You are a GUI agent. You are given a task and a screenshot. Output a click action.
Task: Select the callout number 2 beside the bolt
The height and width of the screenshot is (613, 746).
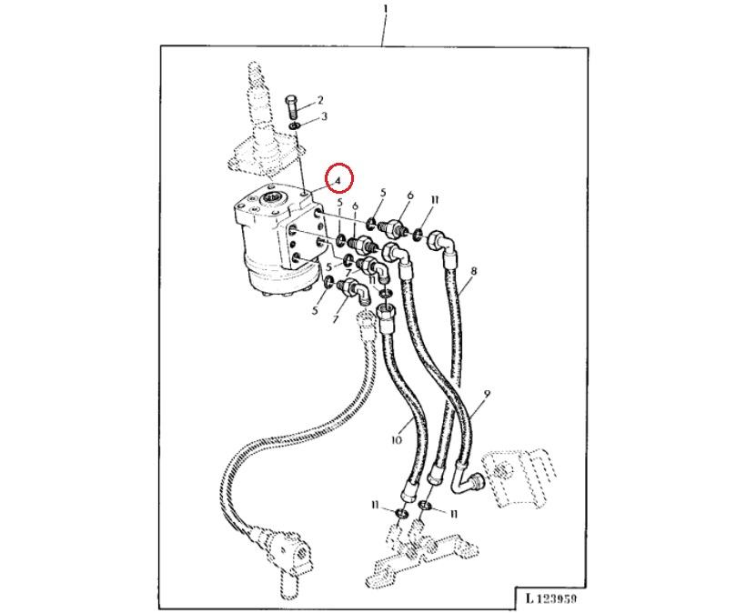[319, 100]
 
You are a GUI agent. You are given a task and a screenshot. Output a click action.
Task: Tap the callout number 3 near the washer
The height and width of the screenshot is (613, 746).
[323, 116]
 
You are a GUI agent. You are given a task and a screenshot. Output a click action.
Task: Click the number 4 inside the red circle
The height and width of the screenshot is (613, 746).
[338, 180]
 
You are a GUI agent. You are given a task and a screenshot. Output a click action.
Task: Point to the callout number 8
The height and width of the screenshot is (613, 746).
[474, 271]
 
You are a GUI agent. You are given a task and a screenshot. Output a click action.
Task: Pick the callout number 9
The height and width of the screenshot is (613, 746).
[488, 394]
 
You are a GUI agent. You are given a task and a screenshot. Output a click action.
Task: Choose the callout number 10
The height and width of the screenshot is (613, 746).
[396, 440]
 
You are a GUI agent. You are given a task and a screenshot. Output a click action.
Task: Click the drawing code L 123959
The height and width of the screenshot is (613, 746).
[550, 598]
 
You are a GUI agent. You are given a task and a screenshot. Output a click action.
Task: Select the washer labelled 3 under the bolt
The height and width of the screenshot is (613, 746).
[295, 123]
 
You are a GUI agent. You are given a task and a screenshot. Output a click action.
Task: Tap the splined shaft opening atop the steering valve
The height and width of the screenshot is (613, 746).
[273, 198]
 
